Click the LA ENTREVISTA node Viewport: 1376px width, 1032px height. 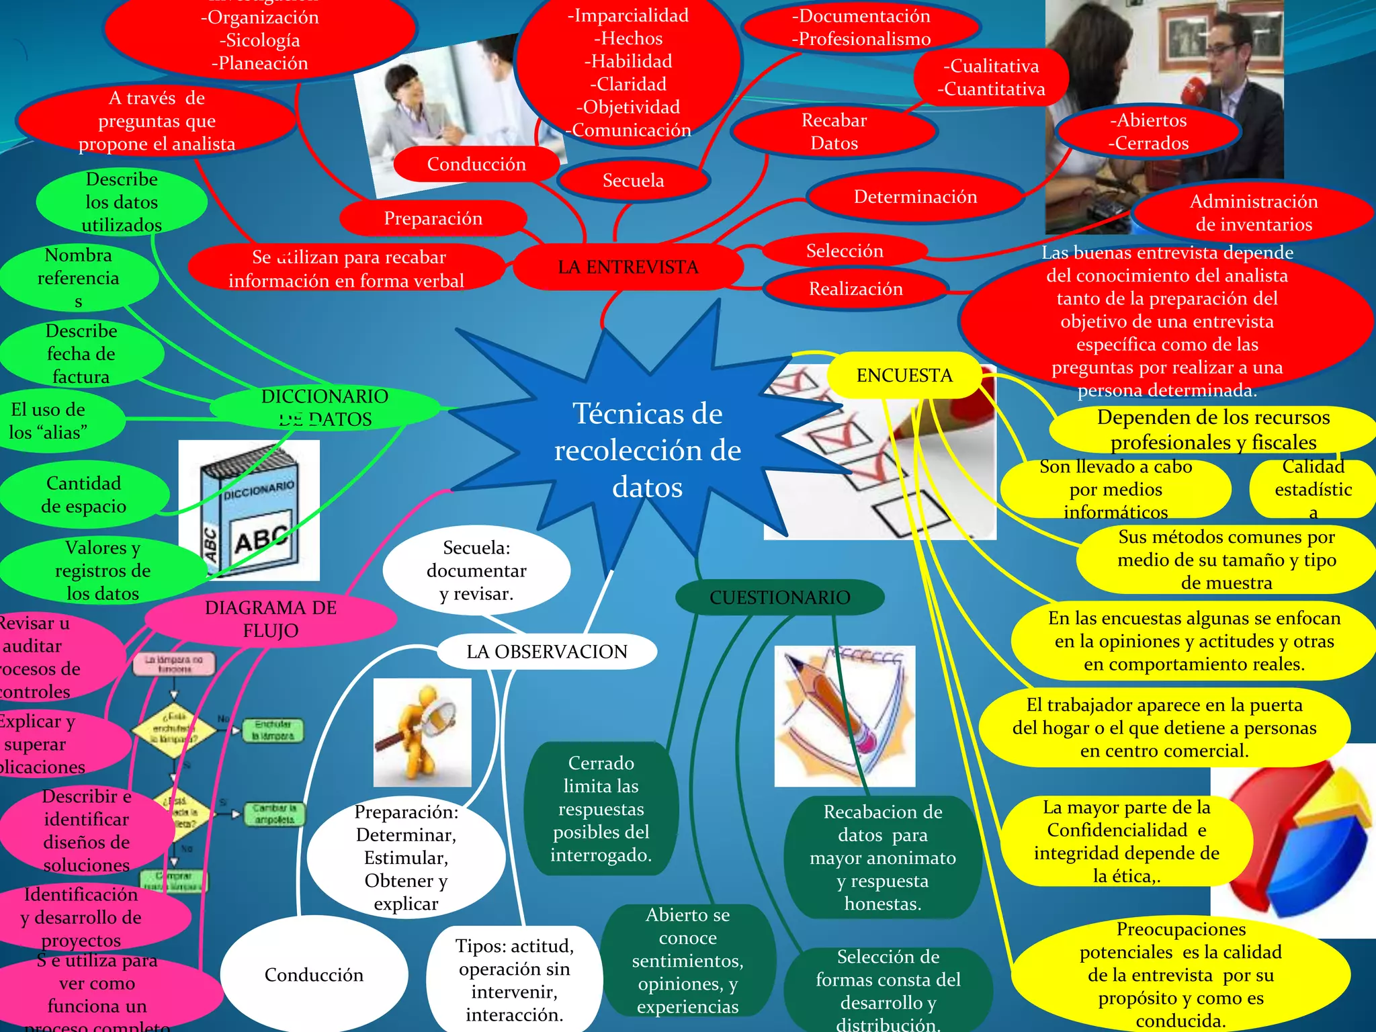coord(628,267)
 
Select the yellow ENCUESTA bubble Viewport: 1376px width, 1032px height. coord(904,375)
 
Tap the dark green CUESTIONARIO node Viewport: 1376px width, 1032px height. coord(779,597)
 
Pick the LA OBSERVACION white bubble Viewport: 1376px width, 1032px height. coord(547,651)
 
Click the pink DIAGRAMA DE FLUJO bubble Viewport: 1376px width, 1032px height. coord(270,619)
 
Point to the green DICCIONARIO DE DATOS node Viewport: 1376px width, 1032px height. coord(325,407)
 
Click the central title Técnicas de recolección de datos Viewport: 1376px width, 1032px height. coord(647,449)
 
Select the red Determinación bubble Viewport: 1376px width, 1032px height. coord(915,197)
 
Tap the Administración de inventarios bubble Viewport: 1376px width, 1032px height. coord(1254,212)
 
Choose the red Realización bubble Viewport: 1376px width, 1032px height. coord(855,289)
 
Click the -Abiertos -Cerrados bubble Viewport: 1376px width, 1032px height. coord(1148,132)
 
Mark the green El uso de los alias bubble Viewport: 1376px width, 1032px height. coord(54,421)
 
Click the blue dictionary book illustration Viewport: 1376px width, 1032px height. coord(249,511)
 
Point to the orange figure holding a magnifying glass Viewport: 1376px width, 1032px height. coord(422,732)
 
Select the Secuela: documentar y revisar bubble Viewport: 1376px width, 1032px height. coord(476,570)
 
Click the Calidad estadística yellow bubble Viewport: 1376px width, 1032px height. coord(1313,488)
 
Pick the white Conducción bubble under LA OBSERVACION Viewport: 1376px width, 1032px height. coord(314,974)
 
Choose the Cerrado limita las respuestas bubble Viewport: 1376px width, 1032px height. coord(601,808)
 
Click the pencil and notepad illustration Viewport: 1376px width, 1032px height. coord(845,716)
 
